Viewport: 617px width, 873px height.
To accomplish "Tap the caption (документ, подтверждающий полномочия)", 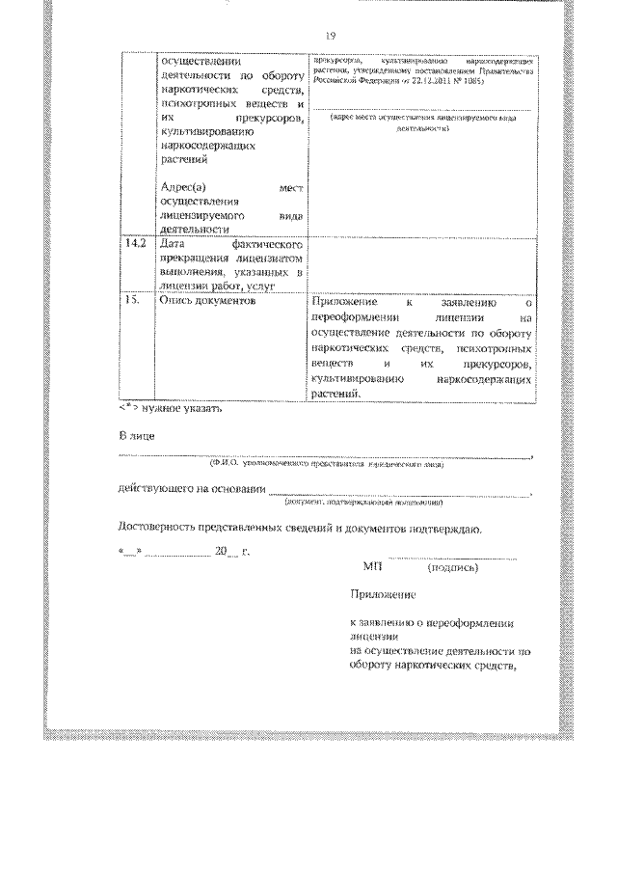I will click(x=362, y=504).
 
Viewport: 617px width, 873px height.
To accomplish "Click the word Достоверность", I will click(x=158, y=528).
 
